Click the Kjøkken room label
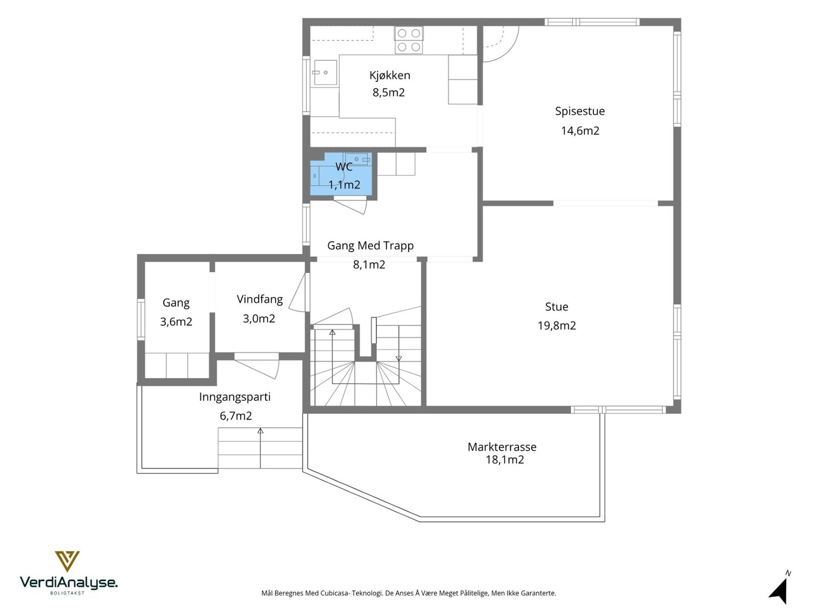click(390, 76)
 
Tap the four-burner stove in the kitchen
click(408, 40)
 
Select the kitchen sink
click(325, 72)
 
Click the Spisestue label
click(579, 111)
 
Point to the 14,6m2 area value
click(580, 130)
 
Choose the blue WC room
click(341, 174)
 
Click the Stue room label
click(556, 307)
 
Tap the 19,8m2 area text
click(556, 326)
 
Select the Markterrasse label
click(502, 447)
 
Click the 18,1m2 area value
click(505, 459)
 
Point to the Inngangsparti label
click(234, 398)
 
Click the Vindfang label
click(259, 299)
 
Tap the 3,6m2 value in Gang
click(176, 322)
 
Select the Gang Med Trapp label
click(370, 246)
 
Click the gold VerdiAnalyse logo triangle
click(67, 561)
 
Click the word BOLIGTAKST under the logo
click(67, 593)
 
